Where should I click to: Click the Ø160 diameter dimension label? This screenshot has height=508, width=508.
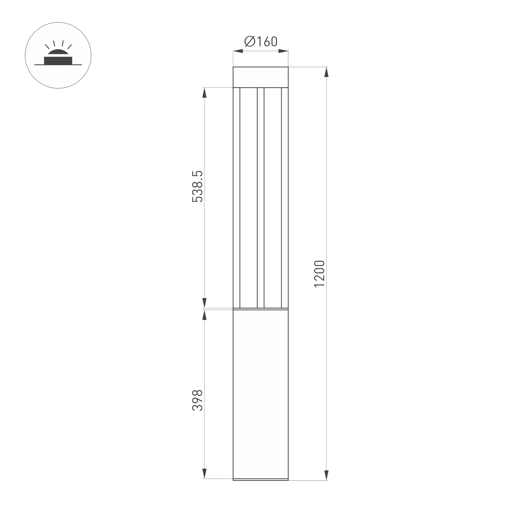(261, 41)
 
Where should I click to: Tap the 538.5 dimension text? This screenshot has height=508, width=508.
(198, 186)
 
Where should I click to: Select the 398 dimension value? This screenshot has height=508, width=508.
(198, 400)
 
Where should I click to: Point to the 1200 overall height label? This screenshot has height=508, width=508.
(320, 274)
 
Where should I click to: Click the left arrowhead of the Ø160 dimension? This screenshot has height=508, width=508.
(238, 51)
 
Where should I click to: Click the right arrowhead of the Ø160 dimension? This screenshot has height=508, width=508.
(283, 51)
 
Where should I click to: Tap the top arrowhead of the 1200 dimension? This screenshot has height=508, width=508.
(326, 72)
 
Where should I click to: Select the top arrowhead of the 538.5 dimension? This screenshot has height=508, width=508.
(204, 93)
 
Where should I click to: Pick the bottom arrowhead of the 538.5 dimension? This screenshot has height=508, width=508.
(204, 303)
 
